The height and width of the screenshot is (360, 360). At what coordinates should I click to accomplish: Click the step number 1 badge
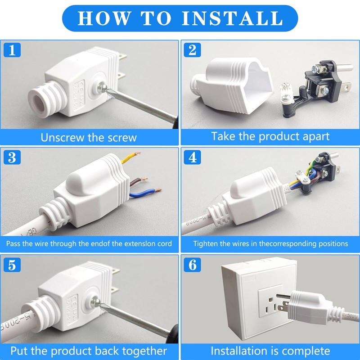tap(12, 50)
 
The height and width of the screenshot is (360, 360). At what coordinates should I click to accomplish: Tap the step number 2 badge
tap(193, 50)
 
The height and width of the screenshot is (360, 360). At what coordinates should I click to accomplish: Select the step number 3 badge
tap(12, 157)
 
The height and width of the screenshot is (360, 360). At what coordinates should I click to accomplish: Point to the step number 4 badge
tap(193, 157)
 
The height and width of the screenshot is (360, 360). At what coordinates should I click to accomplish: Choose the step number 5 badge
tap(12, 265)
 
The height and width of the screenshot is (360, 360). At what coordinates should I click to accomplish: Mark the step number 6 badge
tap(193, 265)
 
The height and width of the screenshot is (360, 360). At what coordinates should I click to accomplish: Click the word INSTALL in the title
tap(232, 18)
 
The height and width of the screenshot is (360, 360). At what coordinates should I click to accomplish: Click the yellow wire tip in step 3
tap(137, 153)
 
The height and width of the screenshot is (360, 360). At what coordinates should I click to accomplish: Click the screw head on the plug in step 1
tap(102, 87)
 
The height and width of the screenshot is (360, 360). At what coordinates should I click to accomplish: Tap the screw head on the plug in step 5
tap(95, 302)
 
